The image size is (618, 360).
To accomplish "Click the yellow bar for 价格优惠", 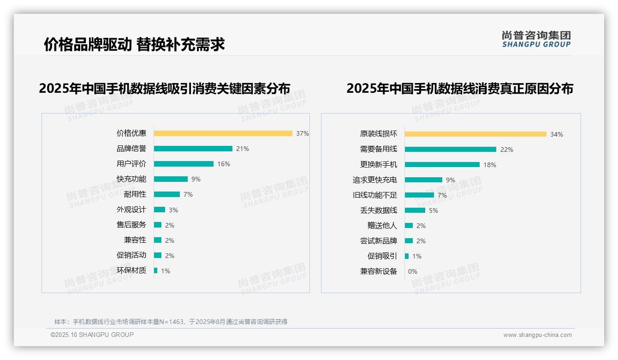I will pyautogui.click(x=223, y=133).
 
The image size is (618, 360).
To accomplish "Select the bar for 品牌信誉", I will pyautogui.click(x=193, y=149).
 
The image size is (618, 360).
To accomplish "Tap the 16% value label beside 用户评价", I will pyautogui.click(x=224, y=164).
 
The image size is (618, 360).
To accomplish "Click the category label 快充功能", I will pyautogui.click(x=131, y=179).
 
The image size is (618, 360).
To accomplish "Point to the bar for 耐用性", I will pyautogui.click(x=166, y=194).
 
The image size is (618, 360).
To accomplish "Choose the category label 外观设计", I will pyautogui.click(x=131, y=210).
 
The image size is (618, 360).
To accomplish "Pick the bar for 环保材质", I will pyautogui.click(x=155, y=270).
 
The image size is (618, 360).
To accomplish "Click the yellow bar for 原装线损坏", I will pyautogui.click(x=475, y=134).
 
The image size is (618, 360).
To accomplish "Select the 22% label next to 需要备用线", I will pyautogui.click(x=506, y=150).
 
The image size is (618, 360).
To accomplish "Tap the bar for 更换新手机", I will pyautogui.click(x=442, y=165).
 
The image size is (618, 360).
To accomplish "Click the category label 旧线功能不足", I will pyautogui.click(x=374, y=195).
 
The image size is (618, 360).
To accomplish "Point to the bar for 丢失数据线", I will pyautogui.click(x=415, y=210).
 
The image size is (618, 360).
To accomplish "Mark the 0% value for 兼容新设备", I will pyautogui.click(x=412, y=271).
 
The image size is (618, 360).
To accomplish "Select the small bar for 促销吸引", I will pyautogui.click(x=407, y=256).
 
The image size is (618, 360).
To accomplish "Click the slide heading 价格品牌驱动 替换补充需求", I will pyautogui.click(x=134, y=44).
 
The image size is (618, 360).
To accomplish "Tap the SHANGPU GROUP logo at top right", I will pyautogui.click(x=536, y=39).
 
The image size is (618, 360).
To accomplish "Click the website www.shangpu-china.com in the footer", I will pyautogui.click(x=537, y=335).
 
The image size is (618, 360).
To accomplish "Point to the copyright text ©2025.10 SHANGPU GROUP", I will pyautogui.click(x=92, y=335).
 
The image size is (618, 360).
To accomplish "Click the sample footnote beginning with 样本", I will pyautogui.click(x=171, y=322).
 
